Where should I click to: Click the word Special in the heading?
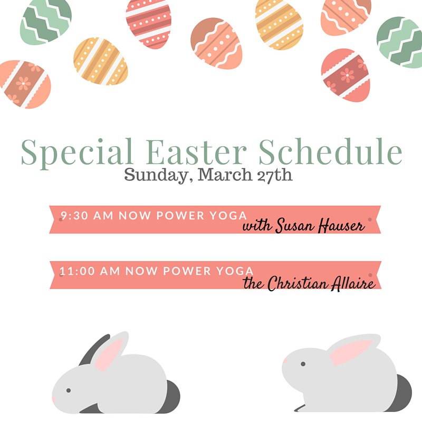click(76, 152)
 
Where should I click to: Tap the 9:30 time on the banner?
click(73, 216)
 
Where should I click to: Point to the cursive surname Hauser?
click(341, 226)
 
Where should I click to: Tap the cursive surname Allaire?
click(352, 284)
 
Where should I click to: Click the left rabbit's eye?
click(69, 390)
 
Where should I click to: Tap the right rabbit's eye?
click(302, 363)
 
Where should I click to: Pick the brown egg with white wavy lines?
click(216, 43)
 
